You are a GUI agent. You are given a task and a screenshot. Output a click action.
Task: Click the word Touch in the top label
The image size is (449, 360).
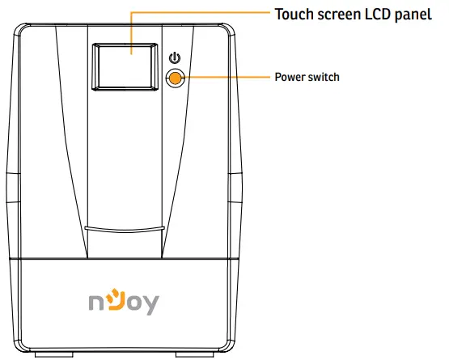coord(293,15)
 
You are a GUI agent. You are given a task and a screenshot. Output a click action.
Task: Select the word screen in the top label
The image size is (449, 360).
coord(337,15)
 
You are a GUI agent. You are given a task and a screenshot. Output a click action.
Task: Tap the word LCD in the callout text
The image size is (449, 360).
coord(378,15)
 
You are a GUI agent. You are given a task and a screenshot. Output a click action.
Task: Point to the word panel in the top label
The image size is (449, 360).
coord(415,15)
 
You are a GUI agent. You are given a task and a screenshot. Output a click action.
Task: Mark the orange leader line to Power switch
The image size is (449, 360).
coord(227,78)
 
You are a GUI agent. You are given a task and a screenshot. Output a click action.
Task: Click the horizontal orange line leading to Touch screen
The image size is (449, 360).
coord(202,14)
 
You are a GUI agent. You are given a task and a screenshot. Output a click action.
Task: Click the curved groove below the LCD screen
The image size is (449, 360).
coord(125,229)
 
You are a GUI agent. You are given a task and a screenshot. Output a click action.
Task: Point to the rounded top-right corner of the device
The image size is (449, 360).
coord(227,30)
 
